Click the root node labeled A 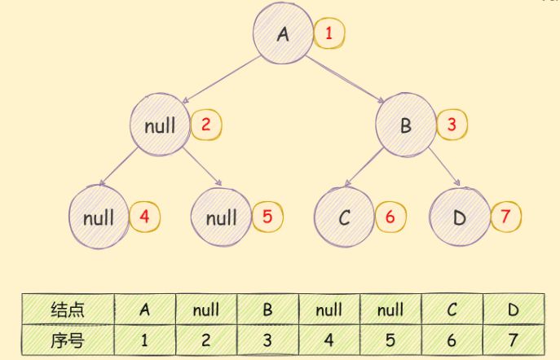pyautogui.click(x=283, y=34)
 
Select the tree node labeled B pyautogui.click(x=405, y=125)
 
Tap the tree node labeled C pyautogui.click(x=344, y=217)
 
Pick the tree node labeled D pyautogui.click(x=458, y=217)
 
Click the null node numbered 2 pyautogui.click(x=160, y=125)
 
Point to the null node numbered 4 pyautogui.click(x=99, y=217)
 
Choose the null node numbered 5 pyautogui.click(x=220, y=217)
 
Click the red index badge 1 pyautogui.click(x=329, y=34)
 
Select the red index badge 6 pyautogui.click(x=390, y=217)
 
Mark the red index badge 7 pyautogui.click(x=505, y=217)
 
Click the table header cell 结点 pyautogui.click(x=68, y=310)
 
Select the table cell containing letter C pyautogui.click(x=453, y=310)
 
